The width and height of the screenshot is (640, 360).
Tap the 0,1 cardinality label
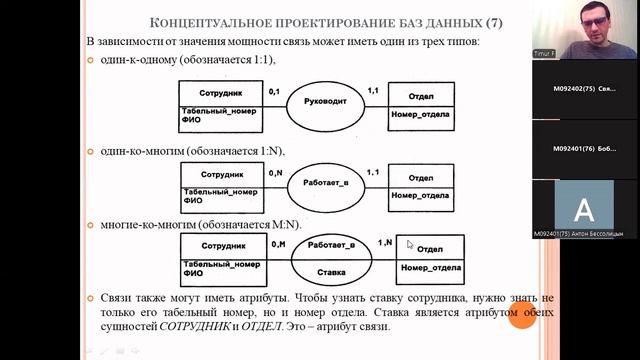[276, 91]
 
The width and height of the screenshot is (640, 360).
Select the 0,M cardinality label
[278, 243]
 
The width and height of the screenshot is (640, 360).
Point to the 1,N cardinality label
[384, 243]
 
